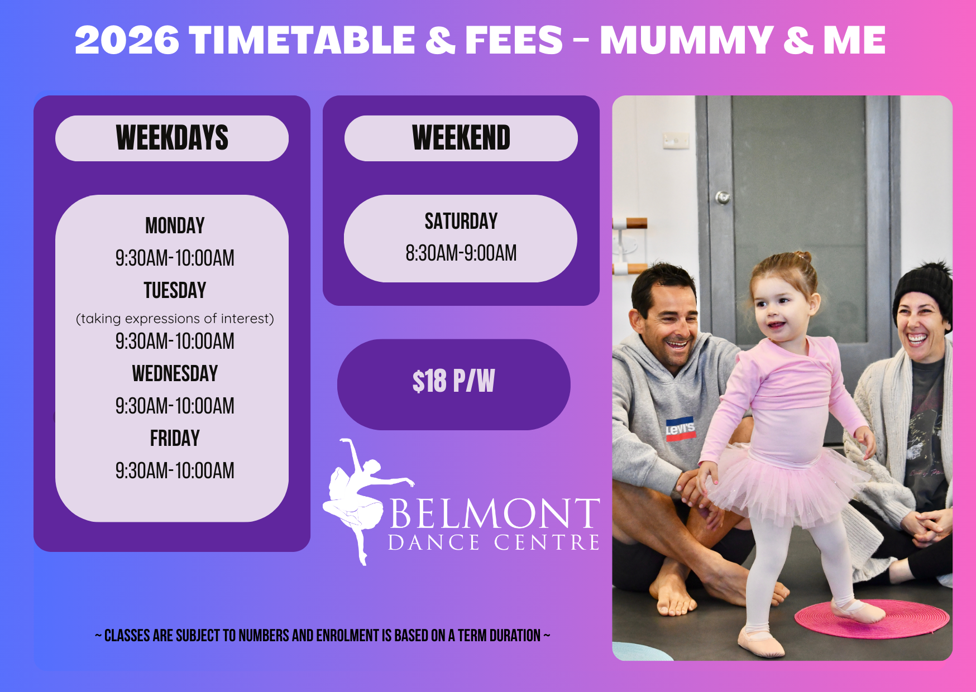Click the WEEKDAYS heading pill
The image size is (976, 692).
coord(172,138)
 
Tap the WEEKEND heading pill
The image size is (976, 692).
coord(461,138)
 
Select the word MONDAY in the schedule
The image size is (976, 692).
coord(175,225)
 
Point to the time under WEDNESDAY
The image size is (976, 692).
coord(175,406)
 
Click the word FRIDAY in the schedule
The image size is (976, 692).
coord(175,438)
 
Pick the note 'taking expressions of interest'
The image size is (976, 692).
coord(175,319)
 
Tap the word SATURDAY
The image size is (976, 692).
coord(461,221)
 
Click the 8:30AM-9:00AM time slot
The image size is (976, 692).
coord(461,253)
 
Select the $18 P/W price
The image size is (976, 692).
coord(453,382)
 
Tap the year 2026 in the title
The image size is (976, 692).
coord(127,40)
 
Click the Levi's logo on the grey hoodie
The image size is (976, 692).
coord(680,429)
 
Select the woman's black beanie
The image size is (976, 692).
coord(924,293)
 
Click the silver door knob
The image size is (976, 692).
coord(723,197)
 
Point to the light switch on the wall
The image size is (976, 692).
coord(676,141)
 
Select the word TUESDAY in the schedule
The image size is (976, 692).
coord(175,290)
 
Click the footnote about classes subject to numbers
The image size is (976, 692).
coord(323,636)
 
